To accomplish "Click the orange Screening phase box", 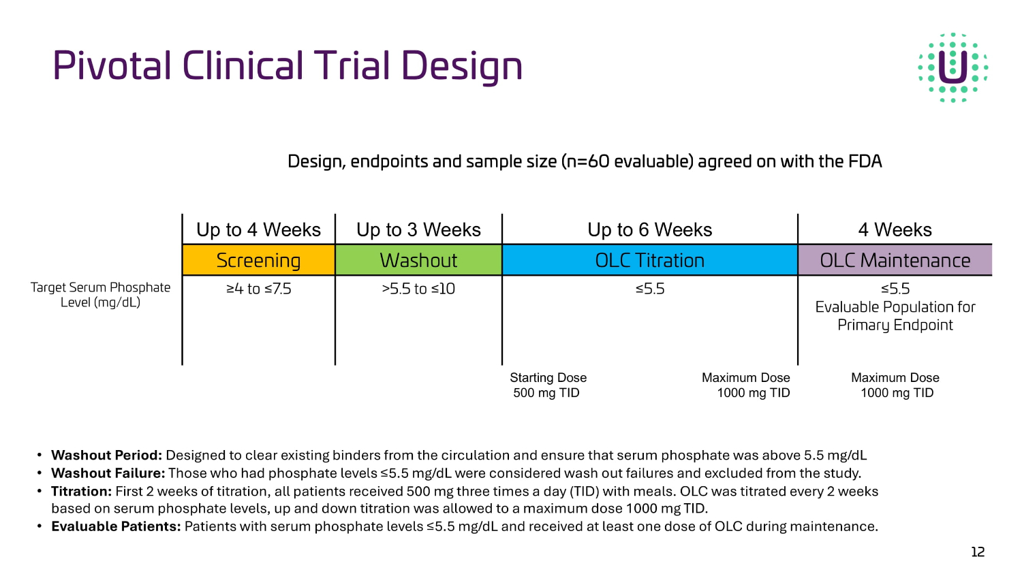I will tap(258, 260).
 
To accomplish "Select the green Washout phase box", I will tap(418, 260).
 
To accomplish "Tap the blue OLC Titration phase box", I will tap(649, 260).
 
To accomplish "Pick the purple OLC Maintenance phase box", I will tap(895, 260).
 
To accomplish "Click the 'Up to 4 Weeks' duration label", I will tap(258, 229).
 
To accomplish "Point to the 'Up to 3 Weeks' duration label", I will tap(418, 229).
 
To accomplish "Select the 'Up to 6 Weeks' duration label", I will tap(649, 229).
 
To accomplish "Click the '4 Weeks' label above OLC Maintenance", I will tap(895, 229).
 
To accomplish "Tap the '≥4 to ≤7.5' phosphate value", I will tap(258, 289).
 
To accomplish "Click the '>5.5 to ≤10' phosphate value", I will tap(418, 289).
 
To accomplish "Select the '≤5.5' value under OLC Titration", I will tap(649, 289).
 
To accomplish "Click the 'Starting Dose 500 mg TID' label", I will tap(548, 385).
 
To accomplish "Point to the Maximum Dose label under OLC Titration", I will tap(746, 385).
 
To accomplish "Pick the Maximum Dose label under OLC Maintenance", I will tap(895, 385).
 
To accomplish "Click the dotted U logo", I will tap(953, 67).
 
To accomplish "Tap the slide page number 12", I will tap(978, 552).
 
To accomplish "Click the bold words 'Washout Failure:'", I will tap(108, 473).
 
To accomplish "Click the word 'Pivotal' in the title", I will tap(112, 66).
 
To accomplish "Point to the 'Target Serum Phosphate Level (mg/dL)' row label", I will tap(100, 295).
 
